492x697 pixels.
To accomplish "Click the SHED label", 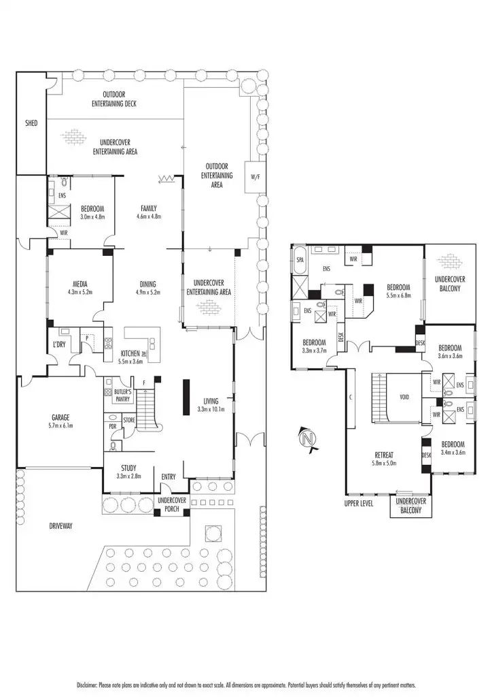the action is [31, 123].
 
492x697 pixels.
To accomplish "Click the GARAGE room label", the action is [61, 417].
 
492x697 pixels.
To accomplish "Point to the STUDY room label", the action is [129, 468].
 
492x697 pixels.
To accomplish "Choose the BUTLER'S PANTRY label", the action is [122, 395].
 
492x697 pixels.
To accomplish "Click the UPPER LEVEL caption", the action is [359, 504].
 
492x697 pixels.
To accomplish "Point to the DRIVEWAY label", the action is [60, 526].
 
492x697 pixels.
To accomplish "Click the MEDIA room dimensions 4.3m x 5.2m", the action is [80, 292].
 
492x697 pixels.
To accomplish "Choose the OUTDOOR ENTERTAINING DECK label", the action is [114, 99].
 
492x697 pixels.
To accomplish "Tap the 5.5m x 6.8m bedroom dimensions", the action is [398, 295].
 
